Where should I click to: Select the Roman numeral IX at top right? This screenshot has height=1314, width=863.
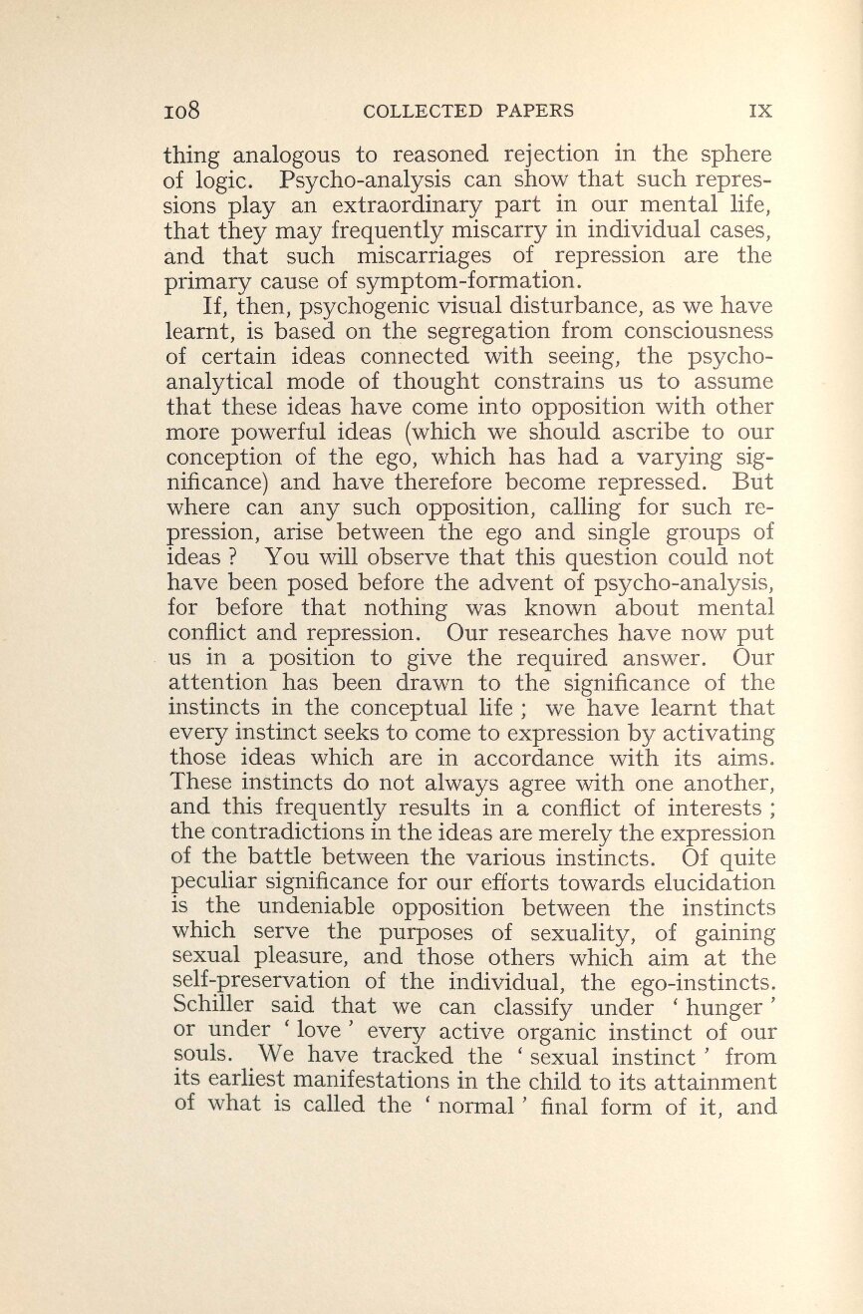click(x=760, y=110)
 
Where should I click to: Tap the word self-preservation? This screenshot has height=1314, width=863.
click(x=260, y=981)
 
